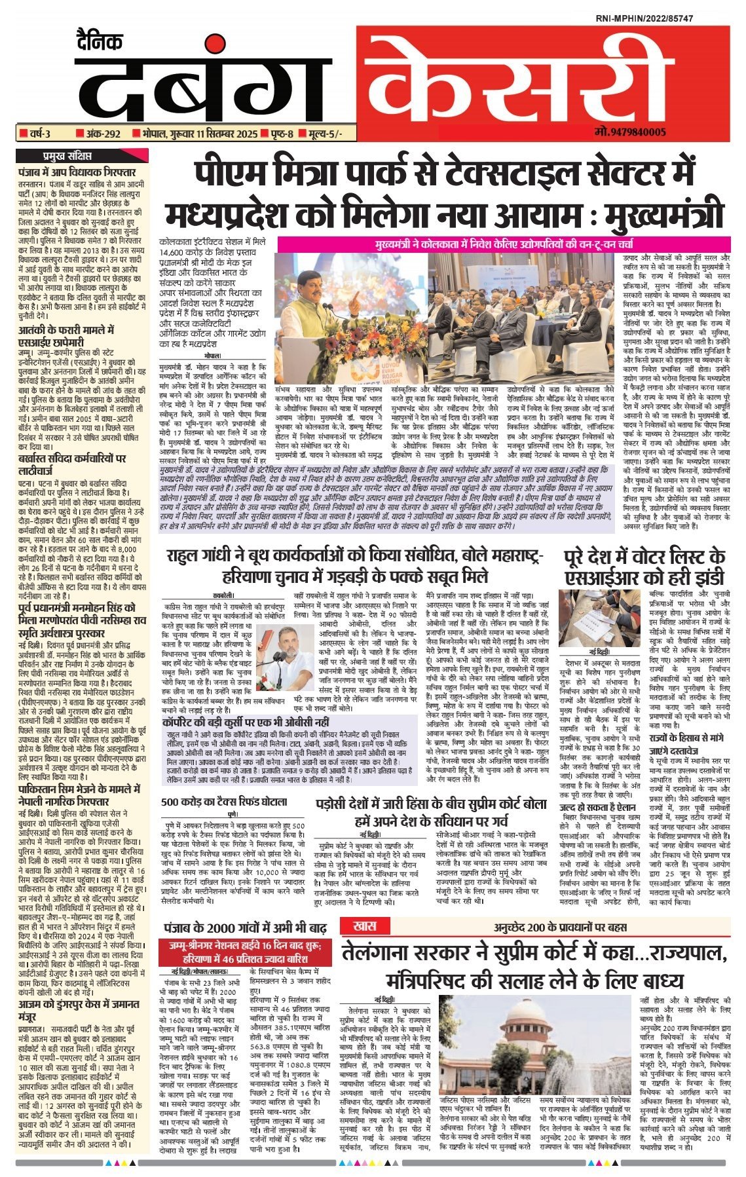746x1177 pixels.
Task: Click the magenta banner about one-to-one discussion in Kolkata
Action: pos(503,244)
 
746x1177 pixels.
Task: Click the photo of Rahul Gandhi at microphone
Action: pos(274,650)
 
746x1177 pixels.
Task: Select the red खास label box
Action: pos(364,926)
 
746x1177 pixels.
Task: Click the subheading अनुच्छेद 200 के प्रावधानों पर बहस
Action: pos(561,927)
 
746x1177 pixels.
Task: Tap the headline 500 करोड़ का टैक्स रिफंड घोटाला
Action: pos(225,801)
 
